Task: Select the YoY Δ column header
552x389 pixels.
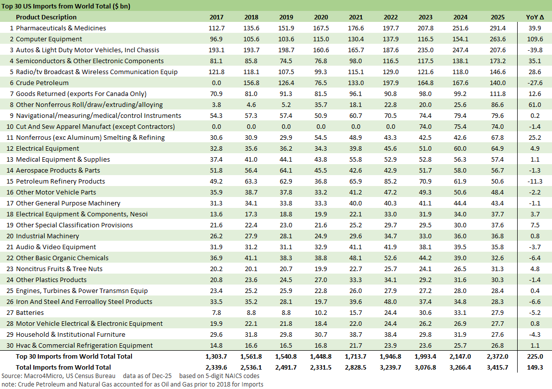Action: click(535, 17)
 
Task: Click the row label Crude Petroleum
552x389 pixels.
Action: click(42, 83)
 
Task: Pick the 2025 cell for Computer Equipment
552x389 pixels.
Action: click(498, 39)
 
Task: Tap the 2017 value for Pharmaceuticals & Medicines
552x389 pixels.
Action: click(217, 28)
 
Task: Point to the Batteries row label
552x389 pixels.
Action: click(30, 313)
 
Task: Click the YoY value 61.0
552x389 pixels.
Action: click(535, 105)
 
